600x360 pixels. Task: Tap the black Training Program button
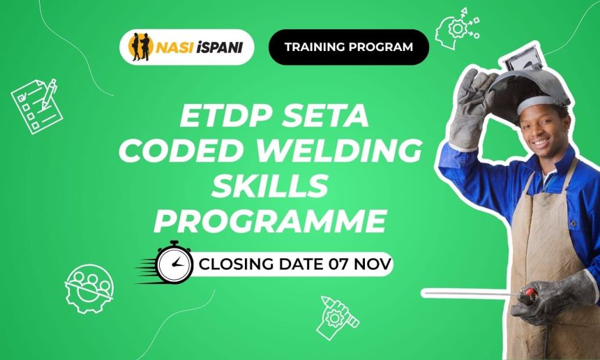348,47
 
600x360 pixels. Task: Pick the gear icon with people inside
89,287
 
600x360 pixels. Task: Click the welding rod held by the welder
474,294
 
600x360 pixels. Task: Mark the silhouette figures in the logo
141,47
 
